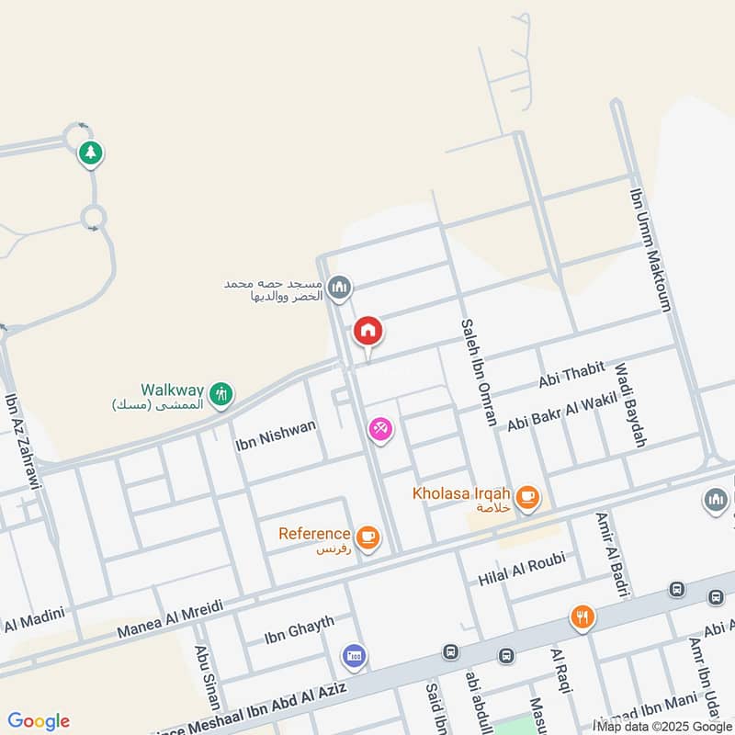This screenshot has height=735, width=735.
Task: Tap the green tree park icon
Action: pyautogui.click(x=90, y=153)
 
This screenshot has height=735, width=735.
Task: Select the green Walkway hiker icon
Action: pyautogui.click(x=220, y=395)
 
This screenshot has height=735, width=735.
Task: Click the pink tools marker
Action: pyautogui.click(x=380, y=428)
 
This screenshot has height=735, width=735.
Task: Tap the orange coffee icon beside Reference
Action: pyautogui.click(x=367, y=537)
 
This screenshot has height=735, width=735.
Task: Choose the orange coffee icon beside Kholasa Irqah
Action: pyautogui.click(x=527, y=498)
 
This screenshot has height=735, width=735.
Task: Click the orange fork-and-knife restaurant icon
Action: pyautogui.click(x=582, y=617)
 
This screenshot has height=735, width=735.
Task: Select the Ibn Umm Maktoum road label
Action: pyautogui.click(x=652, y=250)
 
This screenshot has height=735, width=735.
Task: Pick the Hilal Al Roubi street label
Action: pyautogui.click(x=521, y=570)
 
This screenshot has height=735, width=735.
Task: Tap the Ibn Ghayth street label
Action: pyautogui.click(x=293, y=633)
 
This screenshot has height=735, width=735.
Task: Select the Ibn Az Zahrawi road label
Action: pyautogui.click(x=25, y=440)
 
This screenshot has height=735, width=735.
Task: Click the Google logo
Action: pyautogui.click(x=39, y=721)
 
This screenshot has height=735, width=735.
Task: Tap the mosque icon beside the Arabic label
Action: pyautogui.click(x=340, y=288)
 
